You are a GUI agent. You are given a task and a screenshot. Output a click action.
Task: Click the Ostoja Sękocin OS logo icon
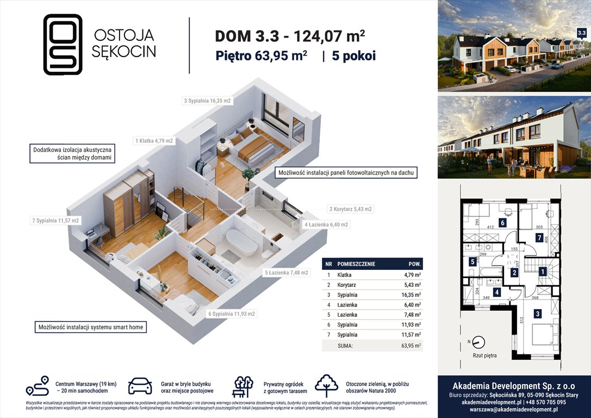63,44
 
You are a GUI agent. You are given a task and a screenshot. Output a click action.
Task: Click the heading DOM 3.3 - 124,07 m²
290,36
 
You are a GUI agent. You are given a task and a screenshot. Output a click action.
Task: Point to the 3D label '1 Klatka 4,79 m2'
154,141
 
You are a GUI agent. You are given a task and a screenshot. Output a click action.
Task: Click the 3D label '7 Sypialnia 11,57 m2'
55,220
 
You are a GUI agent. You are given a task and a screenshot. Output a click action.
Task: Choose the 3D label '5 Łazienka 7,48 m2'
287,273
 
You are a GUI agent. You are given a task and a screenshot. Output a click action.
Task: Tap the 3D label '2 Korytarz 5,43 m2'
351,208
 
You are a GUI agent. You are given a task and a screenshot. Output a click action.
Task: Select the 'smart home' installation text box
90,328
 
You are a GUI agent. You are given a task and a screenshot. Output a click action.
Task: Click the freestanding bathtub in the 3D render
242,243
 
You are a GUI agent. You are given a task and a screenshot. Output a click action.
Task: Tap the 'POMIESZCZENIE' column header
356,263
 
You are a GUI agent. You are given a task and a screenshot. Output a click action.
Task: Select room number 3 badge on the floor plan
538,313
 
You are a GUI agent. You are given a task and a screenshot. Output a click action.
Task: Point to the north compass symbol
478,342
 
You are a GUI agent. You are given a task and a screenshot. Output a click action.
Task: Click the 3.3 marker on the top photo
581,33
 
